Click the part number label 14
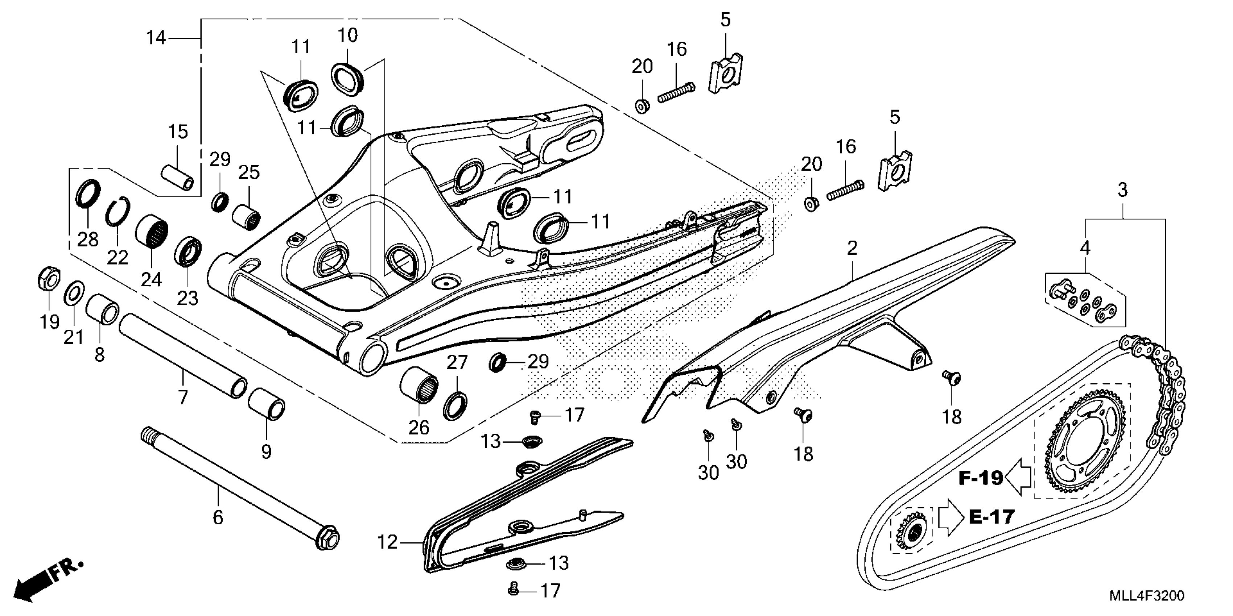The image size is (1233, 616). (156, 37)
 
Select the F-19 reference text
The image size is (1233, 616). (980, 478)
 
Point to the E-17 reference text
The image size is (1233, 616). (991, 517)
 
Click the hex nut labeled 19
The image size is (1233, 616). (48, 278)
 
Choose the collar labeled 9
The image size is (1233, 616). (267, 404)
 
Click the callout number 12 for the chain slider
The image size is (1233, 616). (387, 542)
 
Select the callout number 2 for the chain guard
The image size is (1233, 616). (852, 248)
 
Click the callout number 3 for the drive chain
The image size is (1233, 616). (1123, 190)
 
